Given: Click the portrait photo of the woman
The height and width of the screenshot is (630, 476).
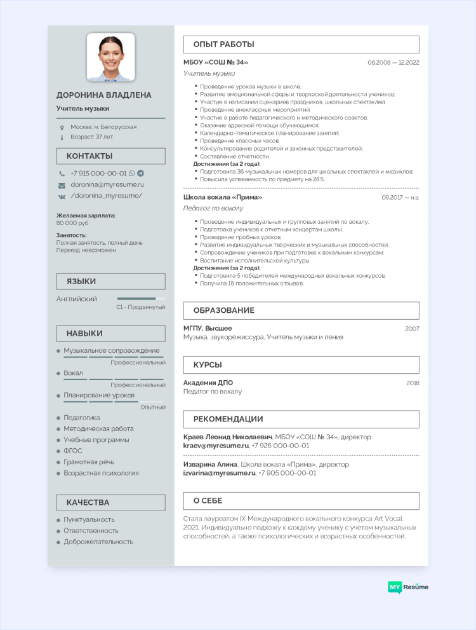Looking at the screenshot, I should click(x=110, y=57).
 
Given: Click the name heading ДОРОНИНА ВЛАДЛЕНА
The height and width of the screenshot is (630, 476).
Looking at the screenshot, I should click(x=104, y=95).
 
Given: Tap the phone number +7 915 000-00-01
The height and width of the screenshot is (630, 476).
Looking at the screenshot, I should click(x=98, y=173).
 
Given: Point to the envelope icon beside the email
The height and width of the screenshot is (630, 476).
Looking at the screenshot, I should click(x=62, y=185).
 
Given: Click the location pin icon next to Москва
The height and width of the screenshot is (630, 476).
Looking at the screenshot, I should click(x=62, y=127).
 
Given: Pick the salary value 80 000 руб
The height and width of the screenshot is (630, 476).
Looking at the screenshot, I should click(x=72, y=223).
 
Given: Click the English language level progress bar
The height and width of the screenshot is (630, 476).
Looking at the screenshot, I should click(x=141, y=298).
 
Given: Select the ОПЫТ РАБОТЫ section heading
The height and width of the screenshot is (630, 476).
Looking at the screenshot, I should click(x=215, y=45).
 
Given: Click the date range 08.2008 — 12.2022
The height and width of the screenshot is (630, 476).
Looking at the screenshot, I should click(x=393, y=62).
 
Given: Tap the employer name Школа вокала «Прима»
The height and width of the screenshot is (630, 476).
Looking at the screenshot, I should click(x=223, y=197).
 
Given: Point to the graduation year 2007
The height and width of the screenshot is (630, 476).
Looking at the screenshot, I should click(x=412, y=328).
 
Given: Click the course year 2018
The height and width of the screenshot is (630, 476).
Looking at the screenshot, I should click(x=413, y=383).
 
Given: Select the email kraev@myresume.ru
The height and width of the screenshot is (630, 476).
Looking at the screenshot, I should click(x=216, y=446).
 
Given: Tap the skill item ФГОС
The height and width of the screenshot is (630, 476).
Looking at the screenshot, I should click(x=73, y=451).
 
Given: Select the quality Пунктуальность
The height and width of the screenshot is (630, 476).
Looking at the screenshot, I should click(x=89, y=519).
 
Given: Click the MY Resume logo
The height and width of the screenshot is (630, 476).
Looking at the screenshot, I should click(x=408, y=587).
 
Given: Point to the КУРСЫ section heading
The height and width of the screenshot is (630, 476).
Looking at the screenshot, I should click(x=208, y=365).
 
